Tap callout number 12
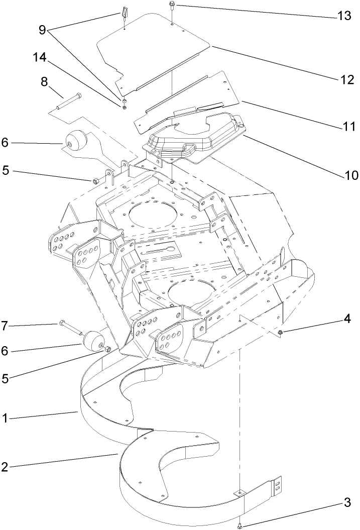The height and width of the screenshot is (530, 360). tap(344, 79)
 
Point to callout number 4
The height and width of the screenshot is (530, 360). tap(347, 318)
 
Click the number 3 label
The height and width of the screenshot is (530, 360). tap(346, 501)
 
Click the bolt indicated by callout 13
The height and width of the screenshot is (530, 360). tap(172, 7)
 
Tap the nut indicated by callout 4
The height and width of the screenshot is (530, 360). tap(280, 333)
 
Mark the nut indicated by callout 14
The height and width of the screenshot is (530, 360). tap(123, 106)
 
